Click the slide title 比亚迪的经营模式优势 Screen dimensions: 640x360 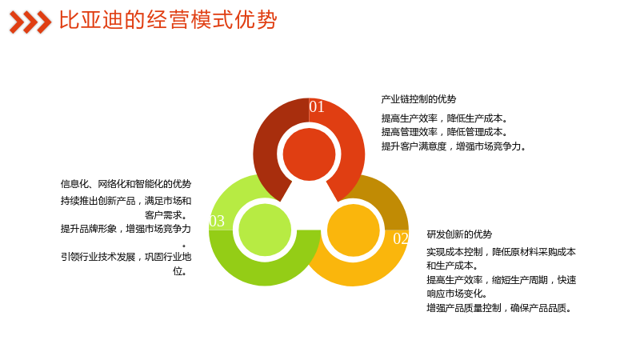(x=168, y=20)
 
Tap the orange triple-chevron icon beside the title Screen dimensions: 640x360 (x=30, y=22)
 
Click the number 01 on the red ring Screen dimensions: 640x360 (x=317, y=107)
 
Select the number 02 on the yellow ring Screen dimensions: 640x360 (x=401, y=238)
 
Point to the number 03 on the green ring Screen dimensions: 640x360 (x=217, y=222)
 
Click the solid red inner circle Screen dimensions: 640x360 (x=309, y=154)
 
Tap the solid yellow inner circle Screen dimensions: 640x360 (x=354, y=230)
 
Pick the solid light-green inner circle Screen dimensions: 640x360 (x=265, y=230)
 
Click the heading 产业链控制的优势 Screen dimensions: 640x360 (x=418, y=99)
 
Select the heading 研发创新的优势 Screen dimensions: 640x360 (x=459, y=234)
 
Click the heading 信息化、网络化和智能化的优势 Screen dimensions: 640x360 (x=126, y=184)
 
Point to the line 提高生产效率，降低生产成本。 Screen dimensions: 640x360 (x=445, y=118)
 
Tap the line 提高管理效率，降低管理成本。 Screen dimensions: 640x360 (x=445, y=132)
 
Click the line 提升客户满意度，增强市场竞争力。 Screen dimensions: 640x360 (x=454, y=146)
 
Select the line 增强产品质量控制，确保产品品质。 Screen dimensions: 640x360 (x=498, y=308)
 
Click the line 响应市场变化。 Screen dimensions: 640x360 (x=457, y=294)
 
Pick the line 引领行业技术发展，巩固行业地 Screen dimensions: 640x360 (x=126, y=257)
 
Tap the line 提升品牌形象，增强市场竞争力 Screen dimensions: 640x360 (x=126, y=229)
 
